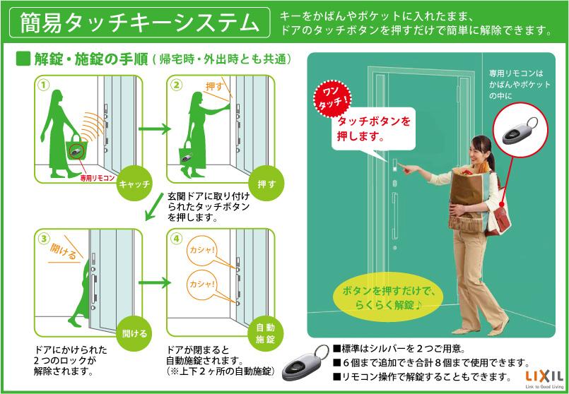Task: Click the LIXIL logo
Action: coord(544,377)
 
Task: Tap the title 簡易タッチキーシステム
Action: coord(140,22)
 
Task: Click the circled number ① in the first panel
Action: coord(43,85)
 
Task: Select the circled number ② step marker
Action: coord(176,85)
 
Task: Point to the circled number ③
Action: coord(43,239)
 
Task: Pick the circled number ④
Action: coord(176,239)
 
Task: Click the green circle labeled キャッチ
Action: coord(134,184)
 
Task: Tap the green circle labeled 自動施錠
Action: coord(266,333)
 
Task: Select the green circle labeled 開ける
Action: coord(134,333)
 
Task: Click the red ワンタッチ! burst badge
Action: coord(332,100)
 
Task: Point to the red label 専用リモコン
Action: coord(98,178)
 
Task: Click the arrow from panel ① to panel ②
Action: coord(154,129)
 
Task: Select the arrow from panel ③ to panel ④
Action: coord(154,282)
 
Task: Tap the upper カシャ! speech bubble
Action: coord(201,251)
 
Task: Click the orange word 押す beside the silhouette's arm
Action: coord(213,86)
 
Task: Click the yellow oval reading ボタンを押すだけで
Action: coord(388,298)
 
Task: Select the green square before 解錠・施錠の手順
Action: coord(23,59)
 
